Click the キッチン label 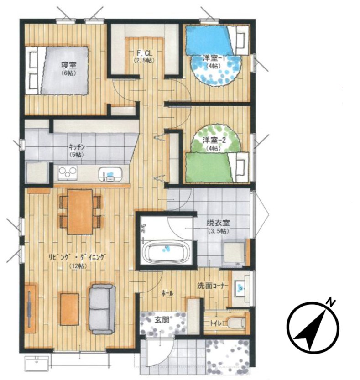77,147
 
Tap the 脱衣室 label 218,223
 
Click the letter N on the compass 331,302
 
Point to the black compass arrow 310,330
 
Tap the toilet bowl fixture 236,323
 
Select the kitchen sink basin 110,174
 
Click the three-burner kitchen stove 68,173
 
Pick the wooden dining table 80,212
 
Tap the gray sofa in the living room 102,308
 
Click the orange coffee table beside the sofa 70,309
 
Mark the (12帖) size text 77,266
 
